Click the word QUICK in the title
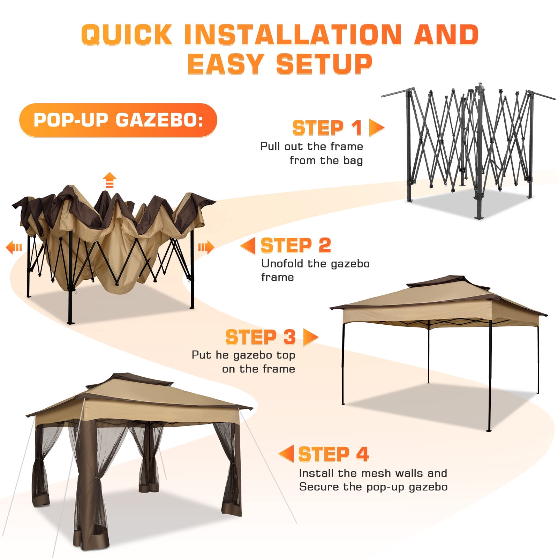click(127, 35)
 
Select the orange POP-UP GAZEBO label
click(118, 120)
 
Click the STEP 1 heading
click(327, 128)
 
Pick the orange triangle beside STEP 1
click(376, 128)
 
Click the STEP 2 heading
click(296, 245)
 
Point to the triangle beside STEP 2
click(248, 246)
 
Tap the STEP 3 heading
click(261, 337)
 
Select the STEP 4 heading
click(333, 454)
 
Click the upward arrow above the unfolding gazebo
click(110, 180)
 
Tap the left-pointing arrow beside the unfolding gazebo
click(14, 247)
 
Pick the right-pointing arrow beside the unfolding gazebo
click(206, 247)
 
